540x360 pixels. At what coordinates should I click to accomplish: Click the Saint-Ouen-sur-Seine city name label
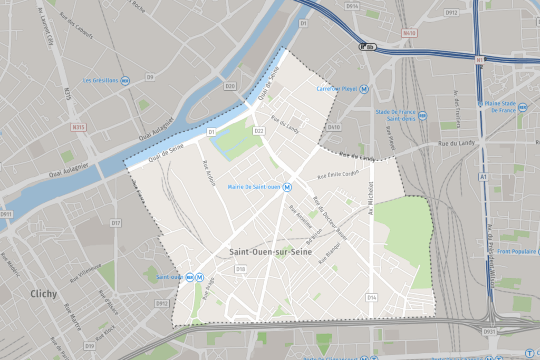pos(271,252)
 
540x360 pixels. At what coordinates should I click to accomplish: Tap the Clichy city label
pos(44,294)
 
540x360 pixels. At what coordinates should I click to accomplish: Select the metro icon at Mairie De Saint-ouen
pos(287,187)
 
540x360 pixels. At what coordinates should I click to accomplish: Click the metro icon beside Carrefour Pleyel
pos(363,89)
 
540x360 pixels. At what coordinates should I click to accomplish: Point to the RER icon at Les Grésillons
pos(125,81)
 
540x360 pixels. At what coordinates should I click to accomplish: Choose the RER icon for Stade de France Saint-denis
pos(422,115)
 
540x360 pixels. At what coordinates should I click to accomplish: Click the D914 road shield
pos(352,6)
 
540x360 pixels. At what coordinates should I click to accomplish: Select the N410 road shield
pos(409,33)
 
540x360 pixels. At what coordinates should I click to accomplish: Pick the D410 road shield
pos(334,127)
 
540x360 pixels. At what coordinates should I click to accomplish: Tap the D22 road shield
pos(259,131)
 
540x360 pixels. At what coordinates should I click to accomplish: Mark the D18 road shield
pos(240,269)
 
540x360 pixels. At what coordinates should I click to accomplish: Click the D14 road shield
pos(372,298)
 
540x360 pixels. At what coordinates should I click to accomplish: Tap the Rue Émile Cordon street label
pos(339,174)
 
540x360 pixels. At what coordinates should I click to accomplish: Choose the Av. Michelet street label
pos(370,195)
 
